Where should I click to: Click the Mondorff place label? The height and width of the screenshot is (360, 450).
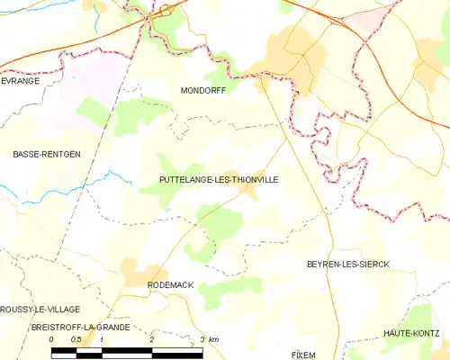point(202,91)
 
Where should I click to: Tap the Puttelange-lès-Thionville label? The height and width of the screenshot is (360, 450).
point(219,180)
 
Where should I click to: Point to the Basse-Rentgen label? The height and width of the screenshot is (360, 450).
point(46,155)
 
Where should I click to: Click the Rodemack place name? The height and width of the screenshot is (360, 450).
point(170,284)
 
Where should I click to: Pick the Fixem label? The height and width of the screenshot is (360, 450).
point(303,355)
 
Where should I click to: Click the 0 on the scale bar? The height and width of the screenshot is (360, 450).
point(52,339)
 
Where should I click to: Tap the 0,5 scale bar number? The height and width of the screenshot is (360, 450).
point(76,339)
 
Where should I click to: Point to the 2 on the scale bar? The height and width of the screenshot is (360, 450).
point(152,339)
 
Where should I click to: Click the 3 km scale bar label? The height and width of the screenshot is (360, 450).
point(208,339)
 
